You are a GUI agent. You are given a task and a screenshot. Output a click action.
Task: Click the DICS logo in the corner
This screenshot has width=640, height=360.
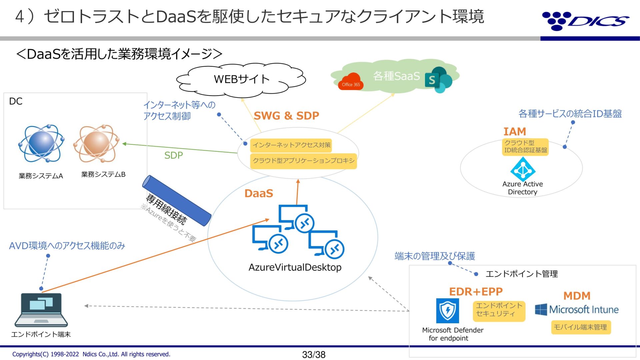click(x=585, y=21)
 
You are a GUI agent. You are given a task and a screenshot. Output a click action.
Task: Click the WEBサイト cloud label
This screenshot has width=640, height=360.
click(x=241, y=79)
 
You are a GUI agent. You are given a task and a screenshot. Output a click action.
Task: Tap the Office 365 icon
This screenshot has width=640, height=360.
click(x=351, y=82)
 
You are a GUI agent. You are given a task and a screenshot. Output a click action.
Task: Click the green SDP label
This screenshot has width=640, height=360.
click(x=173, y=155)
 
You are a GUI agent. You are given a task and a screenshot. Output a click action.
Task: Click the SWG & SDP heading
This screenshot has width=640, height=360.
click(x=286, y=116)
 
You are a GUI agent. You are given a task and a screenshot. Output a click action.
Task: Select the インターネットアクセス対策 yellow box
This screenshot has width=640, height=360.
click(x=291, y=145)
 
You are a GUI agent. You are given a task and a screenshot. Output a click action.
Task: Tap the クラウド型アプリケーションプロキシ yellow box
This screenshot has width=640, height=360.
click(x=303, y=161)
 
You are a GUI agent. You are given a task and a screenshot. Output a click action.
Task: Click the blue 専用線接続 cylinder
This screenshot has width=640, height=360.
click(x=177, y=200)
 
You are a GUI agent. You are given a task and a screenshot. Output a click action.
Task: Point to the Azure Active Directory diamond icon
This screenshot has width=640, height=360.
click(x=523, y=169)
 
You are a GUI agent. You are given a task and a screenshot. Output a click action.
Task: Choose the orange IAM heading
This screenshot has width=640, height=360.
click(x=515, y=132)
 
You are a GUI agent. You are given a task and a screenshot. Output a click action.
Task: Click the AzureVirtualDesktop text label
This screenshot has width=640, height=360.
click(x=295, y=267)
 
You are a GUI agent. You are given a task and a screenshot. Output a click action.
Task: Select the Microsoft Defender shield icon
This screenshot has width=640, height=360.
click(x=447, y=311)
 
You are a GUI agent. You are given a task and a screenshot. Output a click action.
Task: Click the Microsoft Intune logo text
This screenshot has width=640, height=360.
click(x=583, y=310)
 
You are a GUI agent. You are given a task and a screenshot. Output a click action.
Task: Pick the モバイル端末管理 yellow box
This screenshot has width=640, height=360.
click(x=580, y=327)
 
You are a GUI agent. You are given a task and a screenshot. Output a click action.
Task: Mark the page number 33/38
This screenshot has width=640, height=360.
click(x=314, y=355)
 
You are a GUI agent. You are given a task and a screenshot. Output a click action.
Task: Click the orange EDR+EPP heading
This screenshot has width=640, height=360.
click(x=476, y=292)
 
